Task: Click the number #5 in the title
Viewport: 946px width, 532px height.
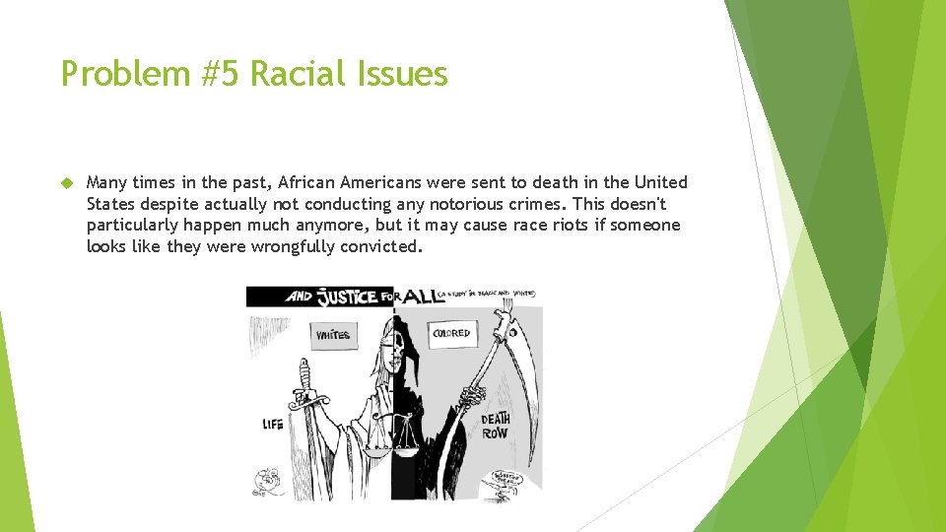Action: tap(222, 74)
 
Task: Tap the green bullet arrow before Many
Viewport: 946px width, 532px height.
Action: tap(66, 183)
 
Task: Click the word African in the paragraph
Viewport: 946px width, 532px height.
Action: tap(304, 182)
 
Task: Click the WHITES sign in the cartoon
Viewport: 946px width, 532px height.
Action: tap(333, 335)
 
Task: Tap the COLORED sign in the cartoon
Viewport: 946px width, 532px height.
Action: tap(452, 333)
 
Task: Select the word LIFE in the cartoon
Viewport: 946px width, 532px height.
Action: tap(273, 425)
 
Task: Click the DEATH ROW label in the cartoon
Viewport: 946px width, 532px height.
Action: tap(495, 426)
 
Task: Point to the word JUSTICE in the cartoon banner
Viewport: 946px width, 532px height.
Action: tap(348, 297)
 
